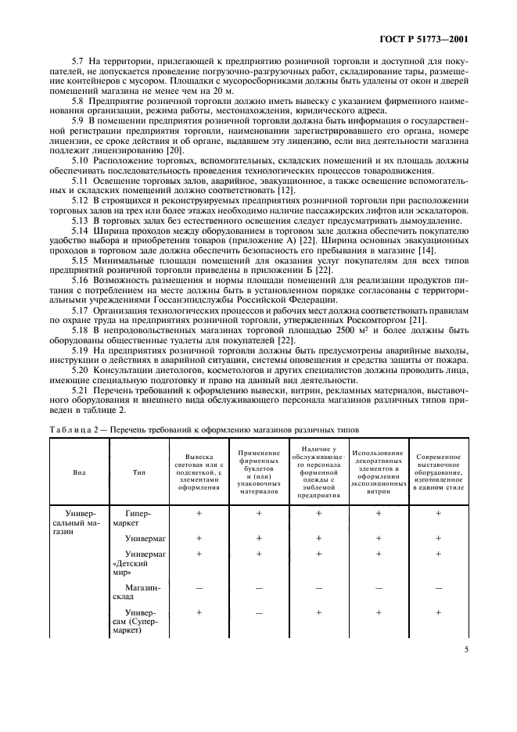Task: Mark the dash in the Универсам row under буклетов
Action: (258, 613)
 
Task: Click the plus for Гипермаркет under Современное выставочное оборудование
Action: (438, 513)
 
